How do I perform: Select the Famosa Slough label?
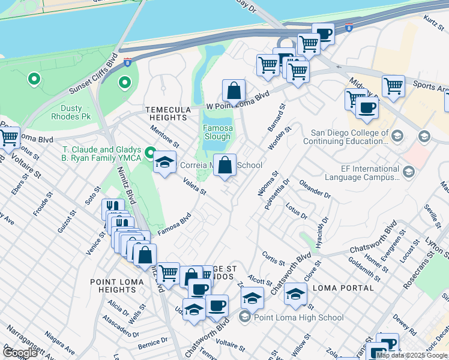pos(217,132)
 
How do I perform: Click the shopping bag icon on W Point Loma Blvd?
pos(234,92)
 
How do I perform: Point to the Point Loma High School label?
pos(298,317)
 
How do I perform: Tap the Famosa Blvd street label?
pos(174,223)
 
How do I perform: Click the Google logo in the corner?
pos(20,353)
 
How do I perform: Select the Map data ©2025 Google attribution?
pos(412,355)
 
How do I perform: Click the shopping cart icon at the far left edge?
pos(8,137)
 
